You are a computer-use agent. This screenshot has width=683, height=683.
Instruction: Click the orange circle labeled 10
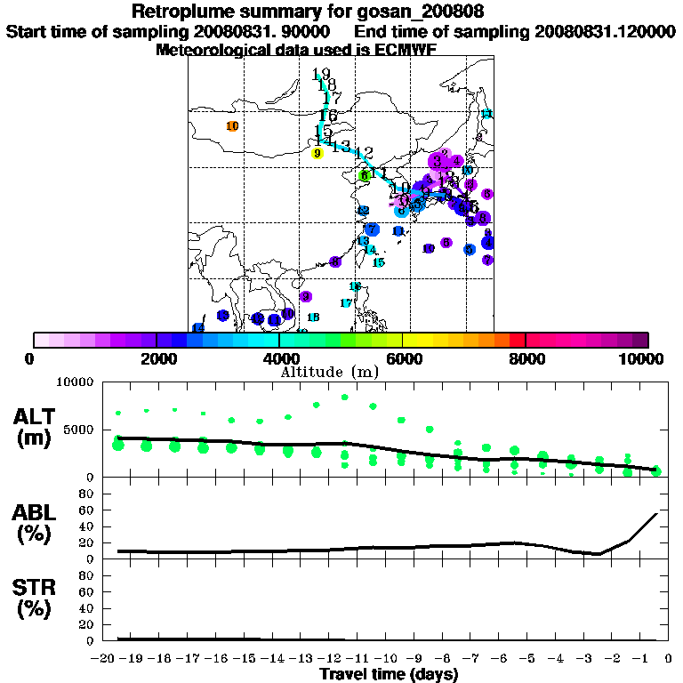(x=232, y=126)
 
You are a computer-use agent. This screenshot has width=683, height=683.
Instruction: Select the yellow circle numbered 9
(x=317, y=153)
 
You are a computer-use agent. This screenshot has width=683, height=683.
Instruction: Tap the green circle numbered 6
(x=364, y=176)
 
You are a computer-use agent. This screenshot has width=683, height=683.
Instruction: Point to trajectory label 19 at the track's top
(x=322, y=75)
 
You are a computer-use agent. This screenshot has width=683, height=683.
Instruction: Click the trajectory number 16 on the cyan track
(x=327, y=116)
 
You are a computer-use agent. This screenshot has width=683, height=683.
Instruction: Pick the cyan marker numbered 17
(x=346, y=303)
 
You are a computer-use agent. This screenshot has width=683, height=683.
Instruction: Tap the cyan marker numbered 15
(x=378, y=262)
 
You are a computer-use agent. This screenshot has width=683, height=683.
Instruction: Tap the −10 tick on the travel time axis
(x=389, y=658)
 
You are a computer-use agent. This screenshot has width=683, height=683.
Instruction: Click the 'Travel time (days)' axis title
(x=389, y=674)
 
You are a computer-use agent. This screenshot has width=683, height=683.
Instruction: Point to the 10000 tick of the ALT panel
(x=75, y=383)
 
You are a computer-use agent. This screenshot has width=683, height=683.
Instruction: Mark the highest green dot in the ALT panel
(x=344, y=397)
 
